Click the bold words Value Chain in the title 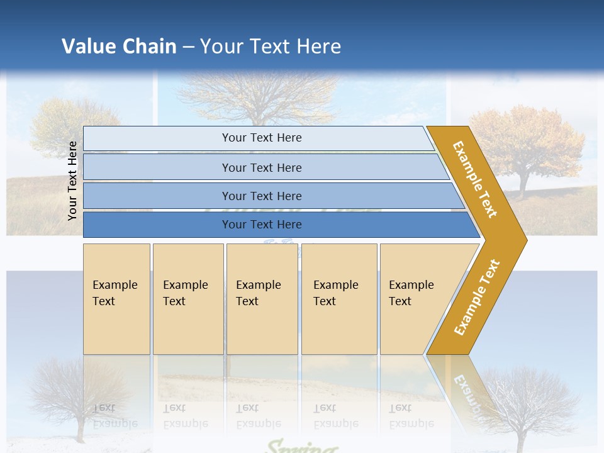point(119,47)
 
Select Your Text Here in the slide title point(271,47)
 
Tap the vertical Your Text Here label point(72,181)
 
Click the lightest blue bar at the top point(261,138)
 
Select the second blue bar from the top point(261,167)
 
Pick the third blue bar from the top point(261,196)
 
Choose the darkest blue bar point(261,225)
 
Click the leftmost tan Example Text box point(116,298)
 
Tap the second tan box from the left point(187,298)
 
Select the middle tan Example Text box point(262,298)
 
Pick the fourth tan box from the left point(338,298)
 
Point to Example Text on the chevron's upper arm point(475,179)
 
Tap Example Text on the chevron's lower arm point(477,297)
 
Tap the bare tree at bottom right point(535,403)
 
